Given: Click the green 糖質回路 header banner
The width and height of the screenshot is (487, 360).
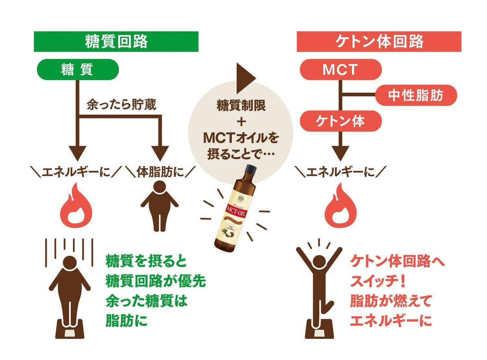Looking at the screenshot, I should click(x=116, y=42).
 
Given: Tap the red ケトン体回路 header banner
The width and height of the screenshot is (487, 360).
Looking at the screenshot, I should click(x=379, y=42).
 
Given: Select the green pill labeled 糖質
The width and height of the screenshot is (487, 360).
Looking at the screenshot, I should click(x=78, y=70).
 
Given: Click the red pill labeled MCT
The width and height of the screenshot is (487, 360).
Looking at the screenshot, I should click(x=340, y=70).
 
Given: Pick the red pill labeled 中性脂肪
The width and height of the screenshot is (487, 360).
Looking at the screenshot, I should click(x=416, y=96).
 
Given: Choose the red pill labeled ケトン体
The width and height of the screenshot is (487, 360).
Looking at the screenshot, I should click(x=340, y=121).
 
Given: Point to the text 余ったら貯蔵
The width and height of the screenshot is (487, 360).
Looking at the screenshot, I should click(x=121, y=105).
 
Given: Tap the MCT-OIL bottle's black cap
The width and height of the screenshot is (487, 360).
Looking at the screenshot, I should click(x=250, y=170).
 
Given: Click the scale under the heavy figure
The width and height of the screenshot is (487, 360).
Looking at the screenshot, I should click(x=70, y=329).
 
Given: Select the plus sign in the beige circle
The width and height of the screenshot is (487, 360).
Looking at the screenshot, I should click(x=241, y=122).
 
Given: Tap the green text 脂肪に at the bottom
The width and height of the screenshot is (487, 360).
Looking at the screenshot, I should click(x=126, y=321).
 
